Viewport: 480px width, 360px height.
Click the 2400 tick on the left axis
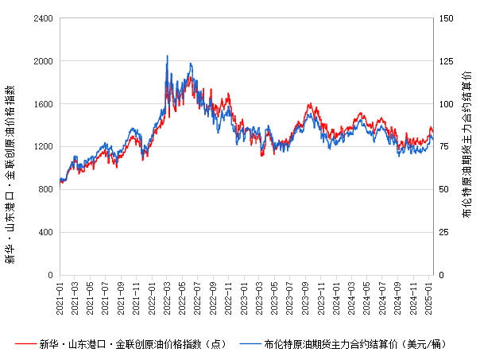point(43,17)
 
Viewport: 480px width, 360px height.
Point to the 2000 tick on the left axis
point(43,60)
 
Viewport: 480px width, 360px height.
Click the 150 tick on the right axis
point(447,17)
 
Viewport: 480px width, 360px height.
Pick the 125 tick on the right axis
point(447,60)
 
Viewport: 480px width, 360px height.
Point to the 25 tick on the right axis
point(445,232)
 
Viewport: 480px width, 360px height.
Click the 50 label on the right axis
point(445,189)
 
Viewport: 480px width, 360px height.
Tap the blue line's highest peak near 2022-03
point(167,56)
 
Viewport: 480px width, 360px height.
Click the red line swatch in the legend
point(26,344)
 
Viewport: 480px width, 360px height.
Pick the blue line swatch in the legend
point(251,344)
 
